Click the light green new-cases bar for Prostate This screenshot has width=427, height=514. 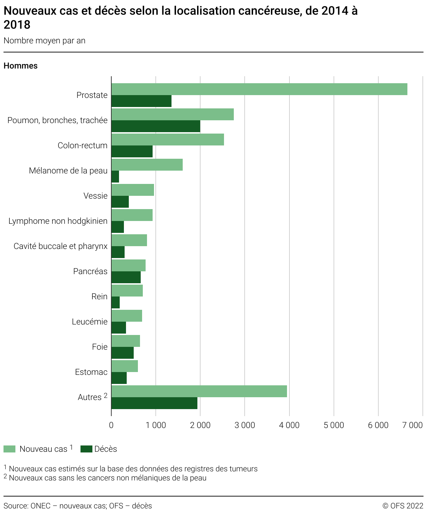pyautogui.click(x=259, y=89)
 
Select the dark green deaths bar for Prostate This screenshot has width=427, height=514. pyautogui.click(x=141, y=101)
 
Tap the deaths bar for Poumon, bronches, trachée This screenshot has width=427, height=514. pyautogui.click(x=156, y=126)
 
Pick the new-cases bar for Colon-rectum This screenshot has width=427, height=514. pyautogui.click(x=168, y=140)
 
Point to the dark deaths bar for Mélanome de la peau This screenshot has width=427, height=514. pyautogui.click(x=115, y=177)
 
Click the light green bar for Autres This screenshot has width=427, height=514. pyautogui.click(x=199, y=391)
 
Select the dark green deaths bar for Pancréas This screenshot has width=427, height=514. pyautogui.click(x=126, y=277)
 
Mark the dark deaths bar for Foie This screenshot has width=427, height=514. pyautogui.click(x=122, y=353)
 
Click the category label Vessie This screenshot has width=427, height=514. pyautogui.click(x=95, y=196)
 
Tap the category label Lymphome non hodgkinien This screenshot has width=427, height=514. pyautogui.click(x=58, y=221)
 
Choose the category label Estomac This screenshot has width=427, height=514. pyautogui.click(x=91, y=372)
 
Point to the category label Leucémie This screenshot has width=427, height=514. pyautogui.click(x=90, y=322)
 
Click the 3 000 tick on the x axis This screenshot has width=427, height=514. pyautogui.click(x=245, y=425)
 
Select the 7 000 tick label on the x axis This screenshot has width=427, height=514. pyautogui.click(x=413, y=425)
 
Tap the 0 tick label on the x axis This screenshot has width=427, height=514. pyautogui.click(x=111, y=425)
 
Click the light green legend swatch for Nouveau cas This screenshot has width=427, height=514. pyautogui.click(x=9, y=449)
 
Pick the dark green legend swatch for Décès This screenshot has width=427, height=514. pyautogui.click(x=86, y=449)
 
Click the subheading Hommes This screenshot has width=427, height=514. pyautogui.click(x=21, y=66)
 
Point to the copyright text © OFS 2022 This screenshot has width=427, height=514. pyautogui.click(x=402, y=506)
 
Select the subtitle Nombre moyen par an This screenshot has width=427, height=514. pyautogui.click(x=44, y=41)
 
